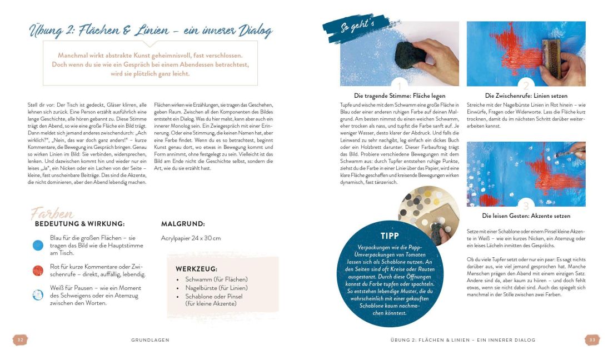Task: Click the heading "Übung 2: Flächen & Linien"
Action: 150,31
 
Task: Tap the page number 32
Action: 20,339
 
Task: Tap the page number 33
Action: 592,339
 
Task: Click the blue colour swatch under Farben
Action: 38,244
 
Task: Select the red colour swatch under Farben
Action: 38,270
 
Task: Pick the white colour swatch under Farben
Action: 38,295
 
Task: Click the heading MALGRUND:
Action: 183,224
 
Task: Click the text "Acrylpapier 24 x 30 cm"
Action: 191,238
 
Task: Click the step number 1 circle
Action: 399,86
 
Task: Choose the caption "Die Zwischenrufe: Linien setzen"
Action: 526,95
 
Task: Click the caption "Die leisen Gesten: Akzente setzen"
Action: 526,216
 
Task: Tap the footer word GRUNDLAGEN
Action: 150,339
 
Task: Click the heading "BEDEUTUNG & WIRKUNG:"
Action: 79,224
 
